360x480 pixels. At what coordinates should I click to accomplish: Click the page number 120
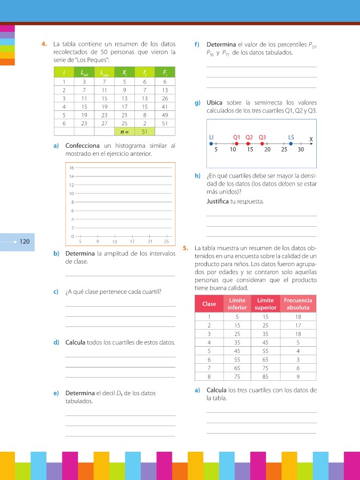pos(25,242)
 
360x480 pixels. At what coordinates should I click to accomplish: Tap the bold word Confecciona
pos(83,146)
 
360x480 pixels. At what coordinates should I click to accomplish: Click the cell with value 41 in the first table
pos(165,106)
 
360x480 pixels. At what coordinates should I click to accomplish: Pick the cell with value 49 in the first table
pos(165,115)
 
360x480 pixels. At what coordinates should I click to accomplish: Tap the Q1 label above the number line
pos(237,137)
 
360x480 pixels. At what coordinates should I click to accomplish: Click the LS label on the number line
pos(291,137)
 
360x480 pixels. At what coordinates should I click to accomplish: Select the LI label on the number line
pos(212,137)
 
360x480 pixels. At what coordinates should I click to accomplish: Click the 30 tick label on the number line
pos(301,150)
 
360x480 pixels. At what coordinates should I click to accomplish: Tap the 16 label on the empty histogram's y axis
pos(71,167)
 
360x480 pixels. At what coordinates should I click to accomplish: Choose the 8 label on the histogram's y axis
pos(72,202)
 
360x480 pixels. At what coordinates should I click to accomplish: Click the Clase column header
pos(209,304)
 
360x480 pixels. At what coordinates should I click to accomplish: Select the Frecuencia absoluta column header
pos(298,304)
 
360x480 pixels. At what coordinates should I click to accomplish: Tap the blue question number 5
pos(185,248)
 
